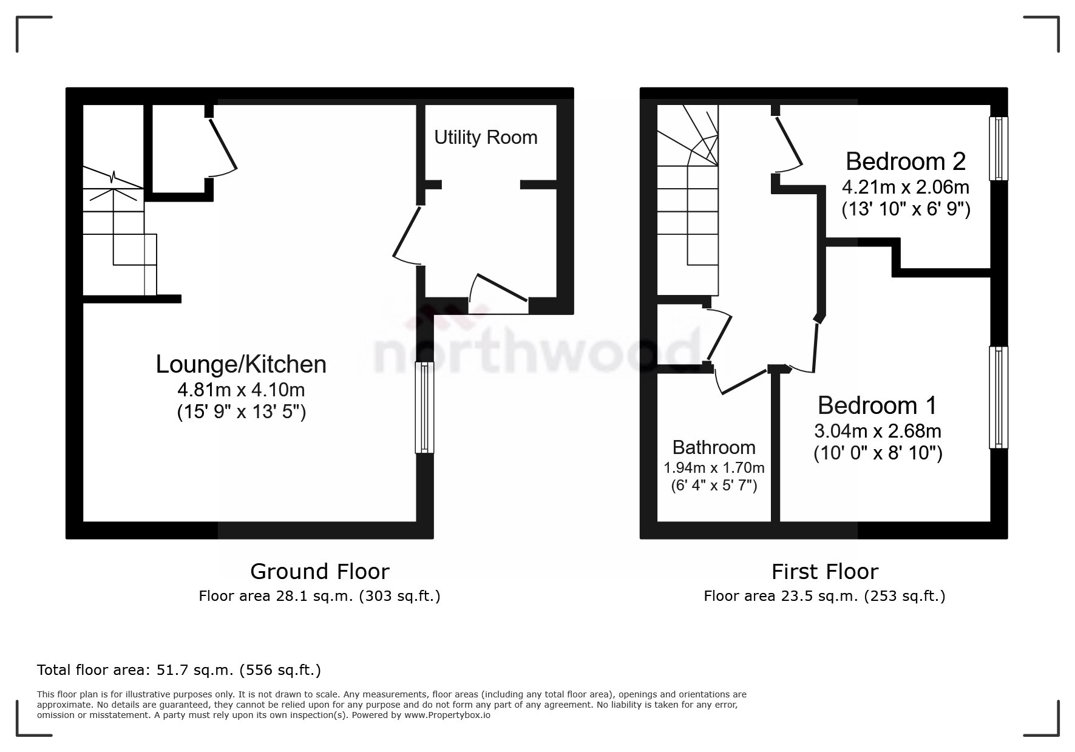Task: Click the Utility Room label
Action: pos(486,138)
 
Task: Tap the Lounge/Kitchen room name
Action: pos(241,364)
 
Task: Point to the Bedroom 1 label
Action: pos(877,405)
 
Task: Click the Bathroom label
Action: pos(714,447)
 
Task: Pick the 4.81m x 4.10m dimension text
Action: pos(241,389)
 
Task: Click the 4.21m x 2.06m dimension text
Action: pos(906,187)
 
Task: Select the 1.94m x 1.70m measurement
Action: pos(714,468)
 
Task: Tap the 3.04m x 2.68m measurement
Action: pos(877,432)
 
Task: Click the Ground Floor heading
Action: pos(319,572)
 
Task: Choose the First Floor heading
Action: pos(824,572)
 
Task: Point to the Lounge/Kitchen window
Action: pos(425,407)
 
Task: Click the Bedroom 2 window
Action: pos(999,148)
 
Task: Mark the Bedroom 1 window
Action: pos(999,397)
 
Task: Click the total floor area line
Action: pos(179,670)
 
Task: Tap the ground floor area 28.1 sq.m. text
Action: pos(319,596)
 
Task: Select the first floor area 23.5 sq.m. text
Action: pos(824,596)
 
